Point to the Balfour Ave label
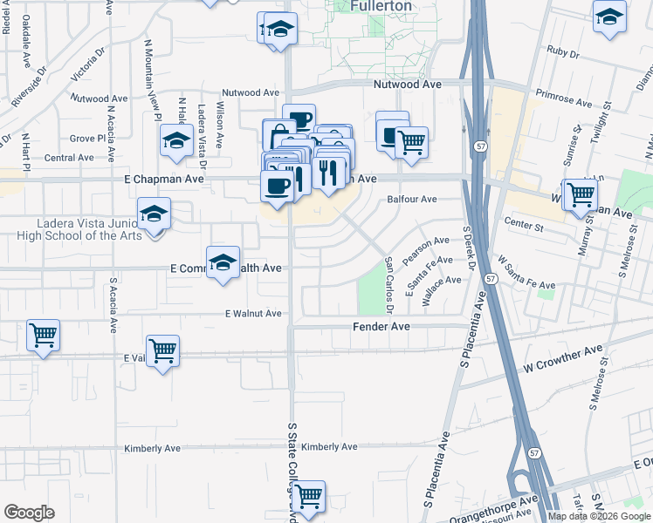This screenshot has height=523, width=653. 412,199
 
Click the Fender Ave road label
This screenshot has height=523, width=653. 381,326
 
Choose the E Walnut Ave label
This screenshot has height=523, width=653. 253,313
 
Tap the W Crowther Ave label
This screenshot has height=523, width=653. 563,360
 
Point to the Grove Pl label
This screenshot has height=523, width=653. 87,139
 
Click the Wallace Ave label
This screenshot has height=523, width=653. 441,289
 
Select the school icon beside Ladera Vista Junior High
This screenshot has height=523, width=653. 155,214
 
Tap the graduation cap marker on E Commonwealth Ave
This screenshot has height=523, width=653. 223,261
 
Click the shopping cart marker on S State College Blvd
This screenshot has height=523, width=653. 308,495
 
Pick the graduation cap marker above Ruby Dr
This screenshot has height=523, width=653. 609,16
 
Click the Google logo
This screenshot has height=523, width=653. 29,512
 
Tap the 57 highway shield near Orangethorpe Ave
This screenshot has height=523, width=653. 533,452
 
